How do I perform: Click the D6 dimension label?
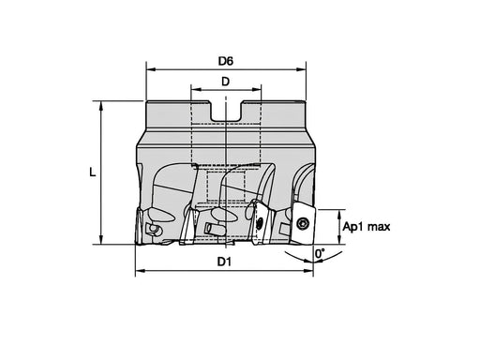coord(226,61)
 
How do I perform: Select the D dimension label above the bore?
coord(225,82)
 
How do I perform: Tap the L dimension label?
coord(93,172)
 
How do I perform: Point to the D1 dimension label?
coord(224,262)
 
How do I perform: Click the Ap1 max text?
coord(367,227)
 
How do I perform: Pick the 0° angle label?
coord(320,253)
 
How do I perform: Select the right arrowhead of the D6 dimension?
coord(302,69)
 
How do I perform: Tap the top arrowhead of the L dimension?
coord(101,106)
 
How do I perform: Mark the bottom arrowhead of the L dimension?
coord(101,240)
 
